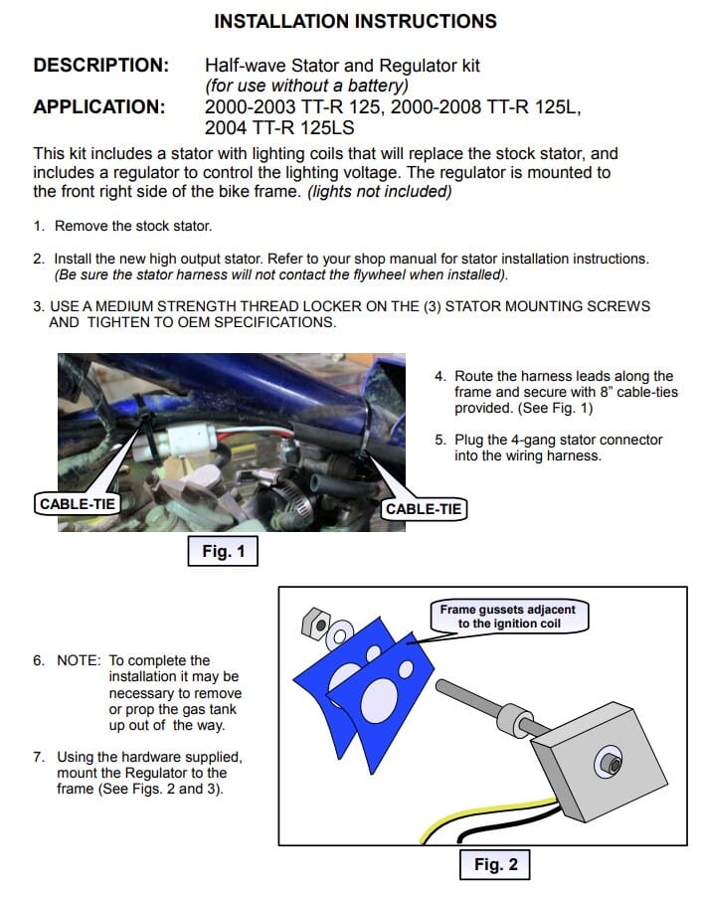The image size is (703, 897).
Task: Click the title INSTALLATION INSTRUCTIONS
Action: point(355,21)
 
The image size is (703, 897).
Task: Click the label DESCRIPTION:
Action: point(101,66)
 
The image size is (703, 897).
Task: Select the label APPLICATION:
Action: point(99,107)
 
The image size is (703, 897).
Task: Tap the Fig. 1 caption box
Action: point(223,551)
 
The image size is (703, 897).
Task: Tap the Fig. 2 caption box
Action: point(495,864)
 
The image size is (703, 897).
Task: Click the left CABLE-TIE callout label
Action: point(78,504)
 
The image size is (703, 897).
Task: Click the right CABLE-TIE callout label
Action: point(424,509)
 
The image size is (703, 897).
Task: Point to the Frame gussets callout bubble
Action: point(508,617)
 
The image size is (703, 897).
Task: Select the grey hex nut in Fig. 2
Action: point(315,623)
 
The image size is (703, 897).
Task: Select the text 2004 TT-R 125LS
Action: point(279,127)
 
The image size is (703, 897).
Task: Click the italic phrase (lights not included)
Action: point(379,191)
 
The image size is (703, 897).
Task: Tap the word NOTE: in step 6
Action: point(79,660)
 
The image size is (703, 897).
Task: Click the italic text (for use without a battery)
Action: point(307,86)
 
